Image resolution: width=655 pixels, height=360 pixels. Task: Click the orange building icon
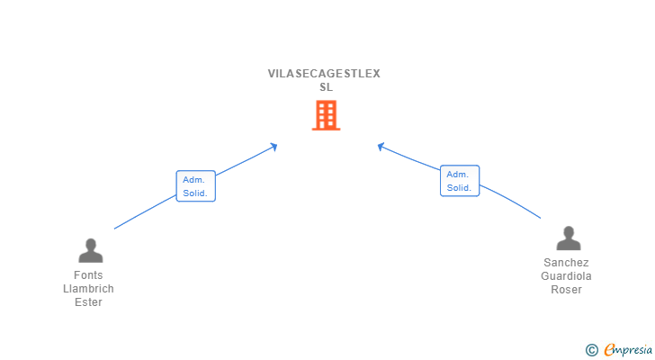(326, 115)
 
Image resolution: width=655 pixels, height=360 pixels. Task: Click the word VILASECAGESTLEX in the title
(324, 74)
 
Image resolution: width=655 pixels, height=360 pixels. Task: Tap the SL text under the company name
(326, 87)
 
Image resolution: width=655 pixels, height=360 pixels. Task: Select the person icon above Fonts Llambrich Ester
(90, 250)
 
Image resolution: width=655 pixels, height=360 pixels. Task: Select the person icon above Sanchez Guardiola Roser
(568, 238)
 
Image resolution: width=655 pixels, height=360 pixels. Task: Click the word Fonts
(88, 275)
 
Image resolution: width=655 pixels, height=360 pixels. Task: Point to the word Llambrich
(88, 289)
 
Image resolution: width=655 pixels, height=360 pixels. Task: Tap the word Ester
(88, 302)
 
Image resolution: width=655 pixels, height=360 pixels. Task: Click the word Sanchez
(567, 263)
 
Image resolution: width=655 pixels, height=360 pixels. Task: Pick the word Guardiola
(567, 276)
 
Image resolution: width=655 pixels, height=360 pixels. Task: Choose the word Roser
(567, 290)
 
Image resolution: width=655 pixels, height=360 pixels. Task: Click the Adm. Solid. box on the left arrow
(195, 186)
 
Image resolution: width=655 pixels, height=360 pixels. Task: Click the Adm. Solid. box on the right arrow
(459, 181)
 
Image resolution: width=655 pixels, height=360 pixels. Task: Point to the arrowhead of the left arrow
(274, 146)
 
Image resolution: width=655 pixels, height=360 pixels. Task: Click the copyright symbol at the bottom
(591, 350)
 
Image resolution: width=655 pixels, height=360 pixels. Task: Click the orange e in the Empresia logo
(609, 350)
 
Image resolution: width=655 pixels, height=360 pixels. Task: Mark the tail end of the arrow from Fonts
(115, 229)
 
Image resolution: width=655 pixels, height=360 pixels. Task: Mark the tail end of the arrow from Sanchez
(540, 218)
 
